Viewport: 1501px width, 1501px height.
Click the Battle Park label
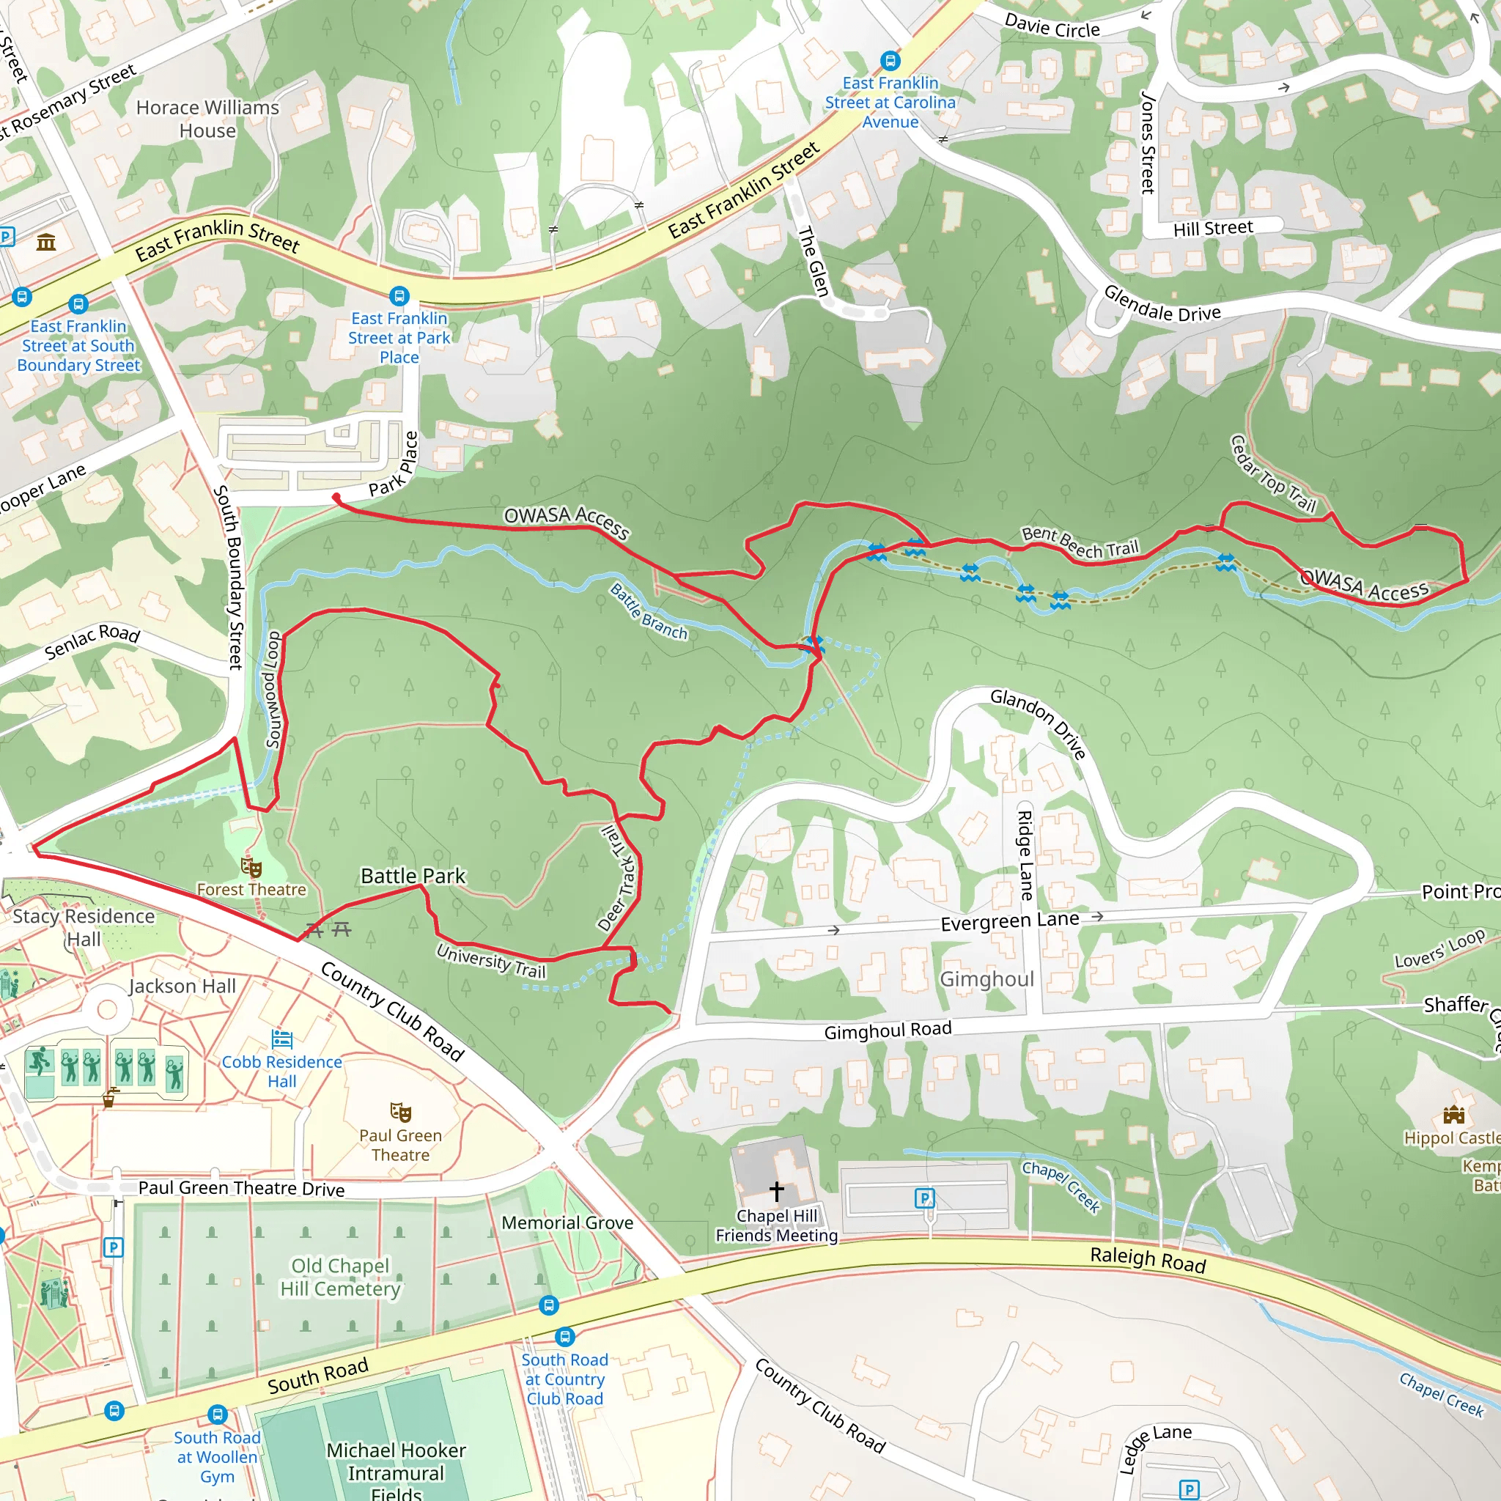(x=413, y=876)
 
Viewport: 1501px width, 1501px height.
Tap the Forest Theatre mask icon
(x=251, y=867)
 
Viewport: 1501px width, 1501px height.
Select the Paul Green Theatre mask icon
(x=400, y=1113)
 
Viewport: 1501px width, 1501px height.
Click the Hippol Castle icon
(x=1453, y=1115)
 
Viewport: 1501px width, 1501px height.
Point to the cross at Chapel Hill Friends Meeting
(x=776, y=1190)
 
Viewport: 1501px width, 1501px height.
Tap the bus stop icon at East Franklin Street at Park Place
(x=399, y=296)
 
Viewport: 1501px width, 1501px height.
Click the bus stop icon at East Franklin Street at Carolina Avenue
(x=890, y=61)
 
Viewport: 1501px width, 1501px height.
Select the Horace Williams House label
(x=207, y=119)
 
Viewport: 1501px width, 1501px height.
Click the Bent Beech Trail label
(x=1080, y=542)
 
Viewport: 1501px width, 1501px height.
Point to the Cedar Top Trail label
(x=1273, y=474)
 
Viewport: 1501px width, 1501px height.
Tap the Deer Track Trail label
(x=619, y=879)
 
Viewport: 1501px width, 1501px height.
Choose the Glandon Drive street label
(x=1038, y=723)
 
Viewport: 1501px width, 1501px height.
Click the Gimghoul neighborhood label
(x=986, y=979)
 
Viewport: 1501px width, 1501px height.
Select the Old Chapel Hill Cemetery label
(x=340, y=1277)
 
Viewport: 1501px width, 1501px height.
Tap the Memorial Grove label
(x=567, y=1223)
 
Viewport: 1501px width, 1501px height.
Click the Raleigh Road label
(x=1148, y=1259)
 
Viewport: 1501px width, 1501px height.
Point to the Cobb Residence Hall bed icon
(x=282, y=1039)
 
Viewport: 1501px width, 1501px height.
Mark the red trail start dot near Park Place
(x=336, y=496)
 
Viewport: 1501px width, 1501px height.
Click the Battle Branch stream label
(x=649, y=611)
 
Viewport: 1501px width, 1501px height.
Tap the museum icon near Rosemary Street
(x=47, y=243)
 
